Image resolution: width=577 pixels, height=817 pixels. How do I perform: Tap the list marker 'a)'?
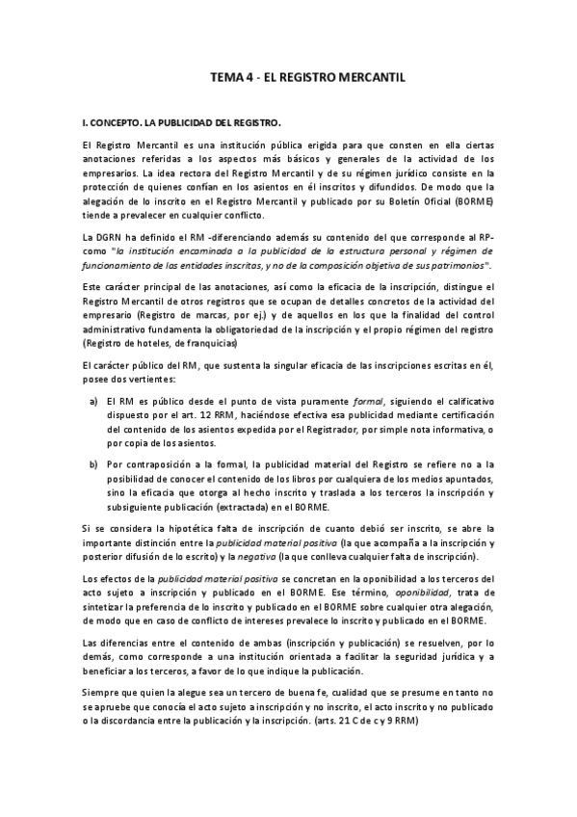point(93,399)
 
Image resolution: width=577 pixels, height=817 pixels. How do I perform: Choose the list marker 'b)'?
point(93,463)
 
